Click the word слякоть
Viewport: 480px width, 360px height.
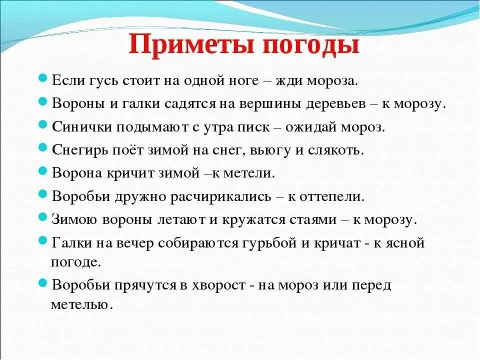tap(336, 149)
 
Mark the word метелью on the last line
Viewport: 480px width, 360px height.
tap(80, 304)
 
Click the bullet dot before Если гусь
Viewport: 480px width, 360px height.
tap(43, 79)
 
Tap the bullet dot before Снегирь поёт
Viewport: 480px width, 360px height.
tap(43, 148)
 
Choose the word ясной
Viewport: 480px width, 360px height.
tap(398, 243)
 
